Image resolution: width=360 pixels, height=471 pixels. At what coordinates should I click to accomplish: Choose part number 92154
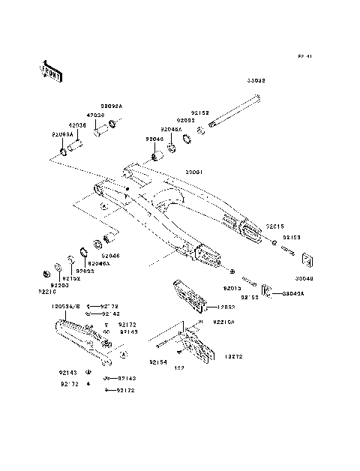157,362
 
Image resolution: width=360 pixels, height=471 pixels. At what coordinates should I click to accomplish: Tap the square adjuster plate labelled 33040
306,259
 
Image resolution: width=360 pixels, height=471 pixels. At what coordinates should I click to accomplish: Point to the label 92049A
99,264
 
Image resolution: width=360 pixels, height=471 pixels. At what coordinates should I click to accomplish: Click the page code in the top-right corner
304,56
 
